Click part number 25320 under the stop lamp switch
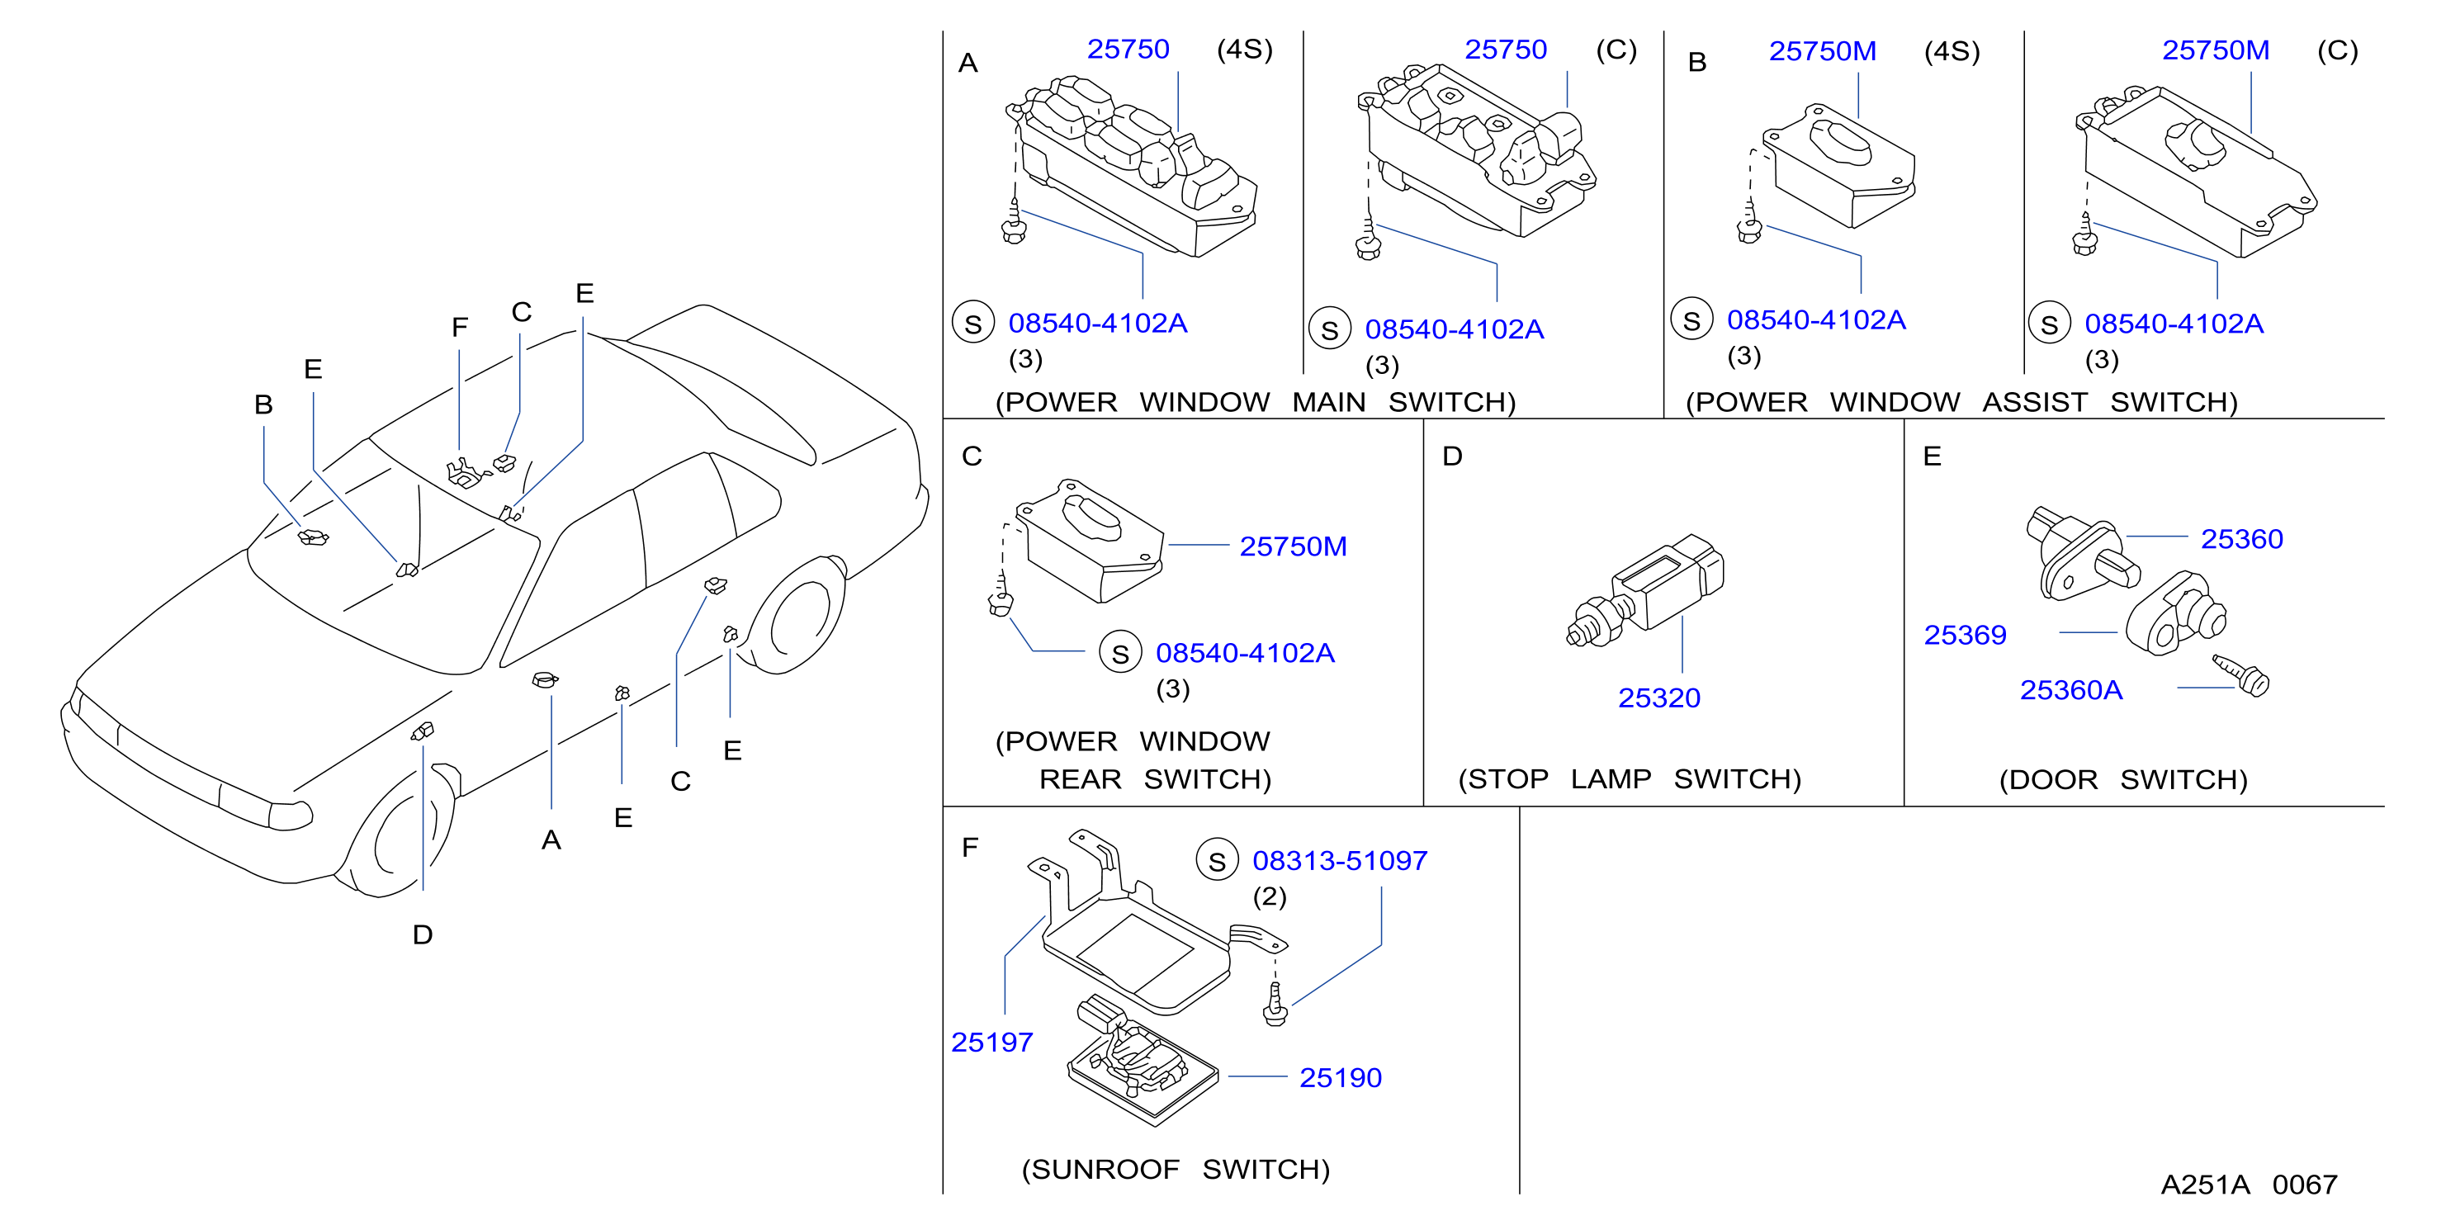(x=1658, y=698)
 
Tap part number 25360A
(x=2071, y=689)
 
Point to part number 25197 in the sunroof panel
(x=991, y=1042)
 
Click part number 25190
(x=1340, y=1078)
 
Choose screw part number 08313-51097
(x=1340, y=860)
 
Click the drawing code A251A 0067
(x=2249, y=1185)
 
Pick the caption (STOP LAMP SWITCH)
(x=1630, y=778)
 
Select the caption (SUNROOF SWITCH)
(x=1176, y=1169)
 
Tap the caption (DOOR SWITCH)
(x=2123, y=779)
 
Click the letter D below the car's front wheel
(x=423, y=934)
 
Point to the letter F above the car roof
(x=460, y=328)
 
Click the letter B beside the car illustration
(x=264, y=404)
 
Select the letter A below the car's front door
(x=551, y=840)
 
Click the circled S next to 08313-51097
(x=1218, y=860)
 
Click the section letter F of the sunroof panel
(x=969, y=847)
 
